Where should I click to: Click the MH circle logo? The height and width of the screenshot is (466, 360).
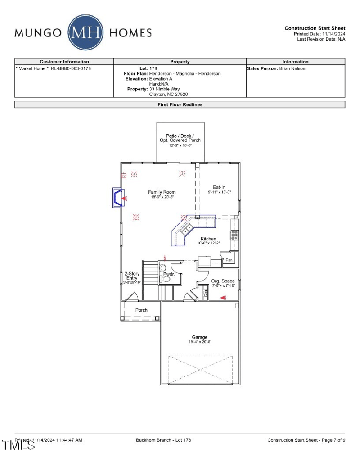click(x=85, y=32)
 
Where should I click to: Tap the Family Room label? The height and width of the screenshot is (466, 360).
click(x=162, y=192)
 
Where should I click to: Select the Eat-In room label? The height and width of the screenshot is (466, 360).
click(x=219, y=187)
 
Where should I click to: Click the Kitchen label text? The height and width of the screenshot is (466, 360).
click(x=208, y=239)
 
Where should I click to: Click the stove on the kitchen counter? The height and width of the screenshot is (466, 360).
click(x=234, y=234)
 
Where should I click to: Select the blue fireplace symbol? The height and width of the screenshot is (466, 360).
click(x=118, y=198)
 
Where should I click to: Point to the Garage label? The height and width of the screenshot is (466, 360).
click(x=200, y=337)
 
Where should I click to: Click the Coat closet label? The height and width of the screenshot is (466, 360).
click(x=206, y=293)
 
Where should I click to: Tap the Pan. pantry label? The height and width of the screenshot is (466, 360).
click(x=229, y=260)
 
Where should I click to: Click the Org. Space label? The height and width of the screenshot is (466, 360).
click(x=223, y=281)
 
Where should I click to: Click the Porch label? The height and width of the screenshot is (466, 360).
click(x=141, y=310)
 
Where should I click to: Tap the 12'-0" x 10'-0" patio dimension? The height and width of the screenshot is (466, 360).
click(x=180, y=145)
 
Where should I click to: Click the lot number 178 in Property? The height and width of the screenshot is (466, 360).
click(x=153, y=68)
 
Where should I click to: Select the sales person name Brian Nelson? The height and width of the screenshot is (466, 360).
click(x=292, y=68)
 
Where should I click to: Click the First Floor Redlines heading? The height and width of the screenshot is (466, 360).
click(x=180, y=104)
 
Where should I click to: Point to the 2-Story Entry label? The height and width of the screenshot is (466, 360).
click(x=132, y=276)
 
